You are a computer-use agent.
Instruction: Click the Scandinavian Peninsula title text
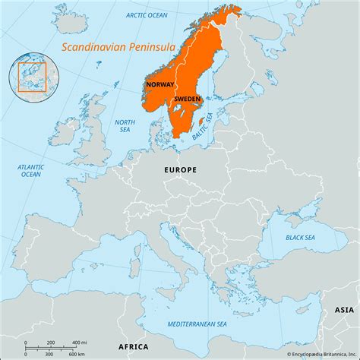pos(118,47)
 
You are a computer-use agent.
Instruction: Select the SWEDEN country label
pos(187,99)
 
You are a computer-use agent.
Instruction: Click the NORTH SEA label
pos(125,126)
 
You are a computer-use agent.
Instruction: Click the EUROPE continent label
pos(180,170)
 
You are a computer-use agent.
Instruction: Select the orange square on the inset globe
pos(33,77)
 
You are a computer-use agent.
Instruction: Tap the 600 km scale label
pos(76,355)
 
